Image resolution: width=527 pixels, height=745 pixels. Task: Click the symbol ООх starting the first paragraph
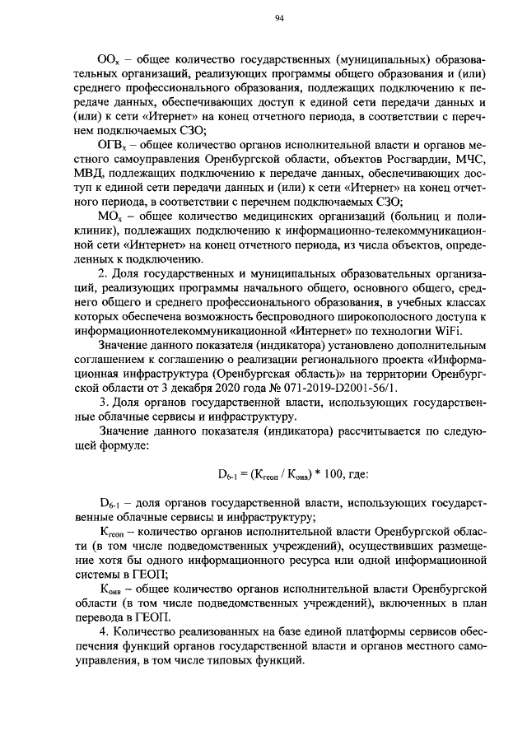coord(109,62)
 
